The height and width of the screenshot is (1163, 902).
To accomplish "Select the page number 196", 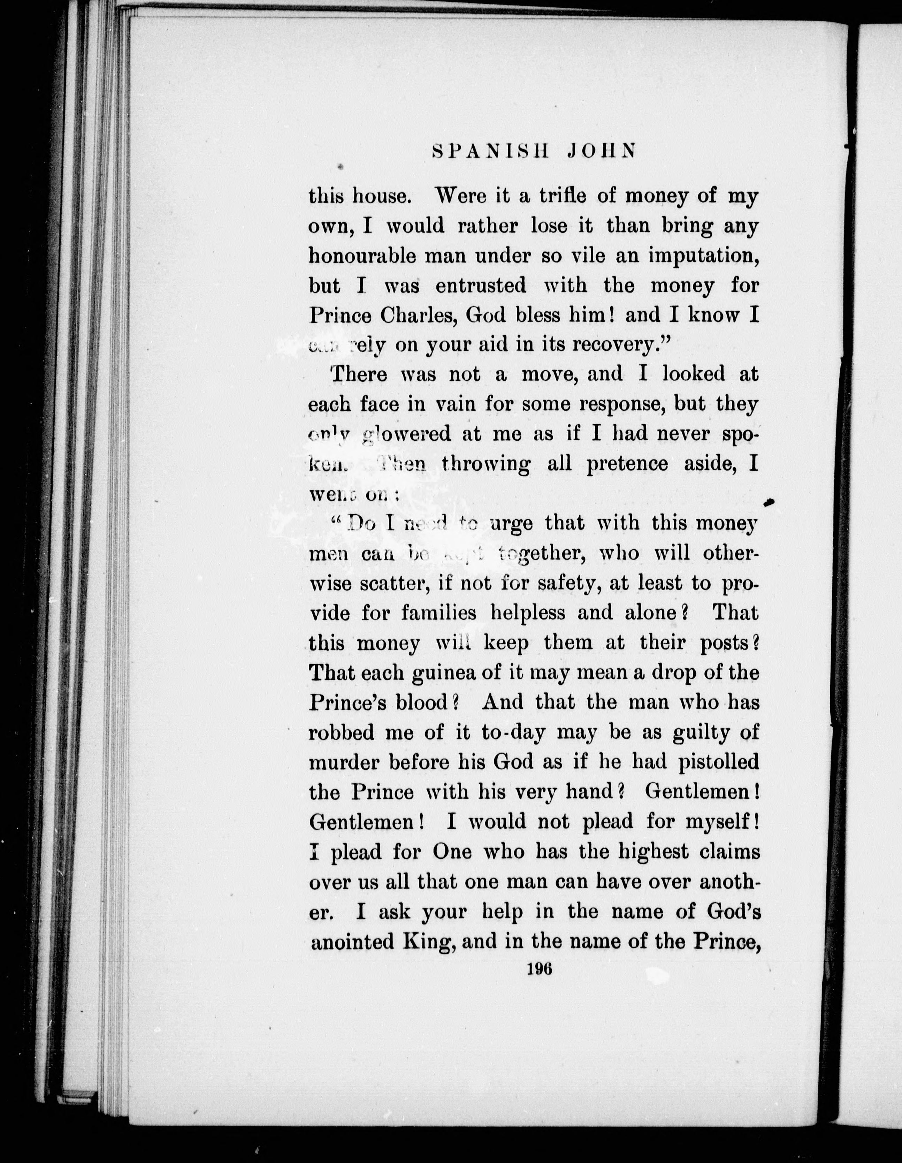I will pyautogui.click(x=540, y=970).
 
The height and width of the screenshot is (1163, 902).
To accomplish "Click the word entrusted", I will pyautogui.click(x=481, y=287).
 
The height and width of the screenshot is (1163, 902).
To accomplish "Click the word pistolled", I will pyautogui.click(x=718, y=763).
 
